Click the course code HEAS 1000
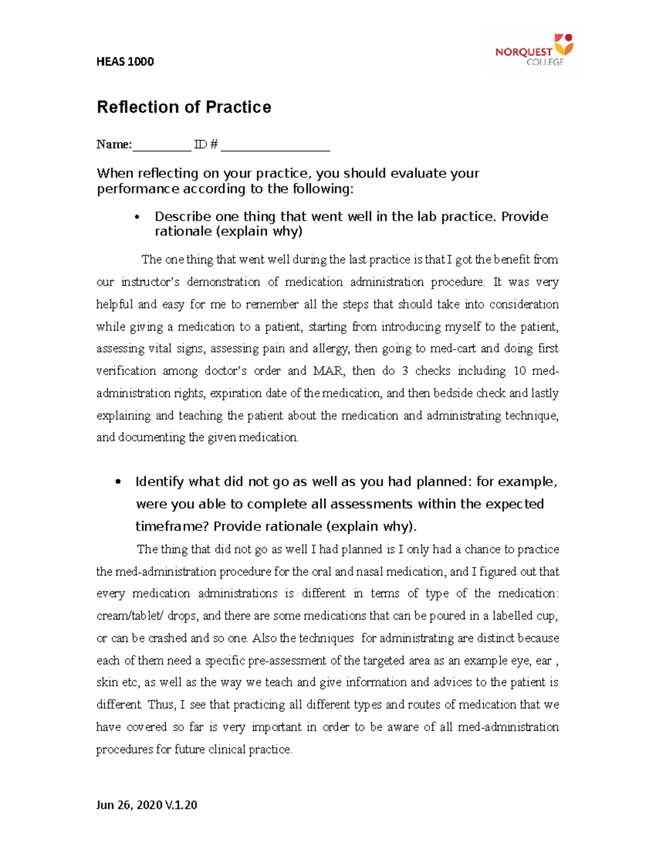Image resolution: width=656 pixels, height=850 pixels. tap(125, 62)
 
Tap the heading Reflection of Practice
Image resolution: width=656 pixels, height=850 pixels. tap(184, 107)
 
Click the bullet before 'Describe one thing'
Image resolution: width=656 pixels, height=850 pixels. tap(137, 217)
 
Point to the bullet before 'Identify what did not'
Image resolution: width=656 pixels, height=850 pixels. tap(118, 482)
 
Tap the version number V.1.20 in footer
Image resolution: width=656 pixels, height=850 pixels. tap(180, 805)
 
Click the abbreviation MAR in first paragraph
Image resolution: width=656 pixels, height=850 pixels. tap(328, 371)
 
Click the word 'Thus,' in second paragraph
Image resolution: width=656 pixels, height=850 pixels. tap(162, 705)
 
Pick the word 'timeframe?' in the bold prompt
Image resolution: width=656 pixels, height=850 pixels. tap(172, 527)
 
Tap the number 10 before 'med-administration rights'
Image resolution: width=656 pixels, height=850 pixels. tap(519, 371)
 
